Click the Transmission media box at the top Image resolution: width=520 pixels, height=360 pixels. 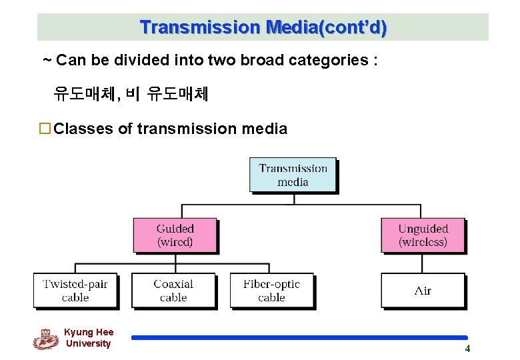(x=293, y=175)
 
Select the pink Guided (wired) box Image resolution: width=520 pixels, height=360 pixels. (x=175, y=235)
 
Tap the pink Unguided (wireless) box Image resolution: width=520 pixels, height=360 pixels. (x=423, y=235)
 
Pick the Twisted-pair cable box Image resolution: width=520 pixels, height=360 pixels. (x=75, y=291)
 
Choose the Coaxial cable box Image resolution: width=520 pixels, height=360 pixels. (x=173, y=291)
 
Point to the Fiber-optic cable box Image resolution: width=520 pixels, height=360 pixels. (x=271, y=291)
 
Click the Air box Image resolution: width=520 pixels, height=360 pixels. (x=423, y=291)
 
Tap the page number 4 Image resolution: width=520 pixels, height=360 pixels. (x=467, y=349)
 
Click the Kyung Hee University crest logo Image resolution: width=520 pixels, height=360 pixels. (x=45, y=339)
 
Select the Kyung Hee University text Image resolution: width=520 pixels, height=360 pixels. (x=89, y=338)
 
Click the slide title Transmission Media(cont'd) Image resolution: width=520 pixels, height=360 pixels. (x=263, y=27)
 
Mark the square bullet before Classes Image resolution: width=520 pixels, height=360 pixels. (x=45, y=129)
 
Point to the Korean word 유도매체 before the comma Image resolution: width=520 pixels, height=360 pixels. (x=84, y=95)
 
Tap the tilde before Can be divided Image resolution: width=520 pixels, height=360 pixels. (x=47, y=61)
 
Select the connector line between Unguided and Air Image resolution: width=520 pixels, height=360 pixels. (x=423, y=263)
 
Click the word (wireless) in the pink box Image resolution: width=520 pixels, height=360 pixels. (x=423, y=243)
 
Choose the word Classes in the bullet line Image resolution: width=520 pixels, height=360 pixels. (x=83, y=129)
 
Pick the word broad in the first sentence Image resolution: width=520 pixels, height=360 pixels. (x=264, y=61)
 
